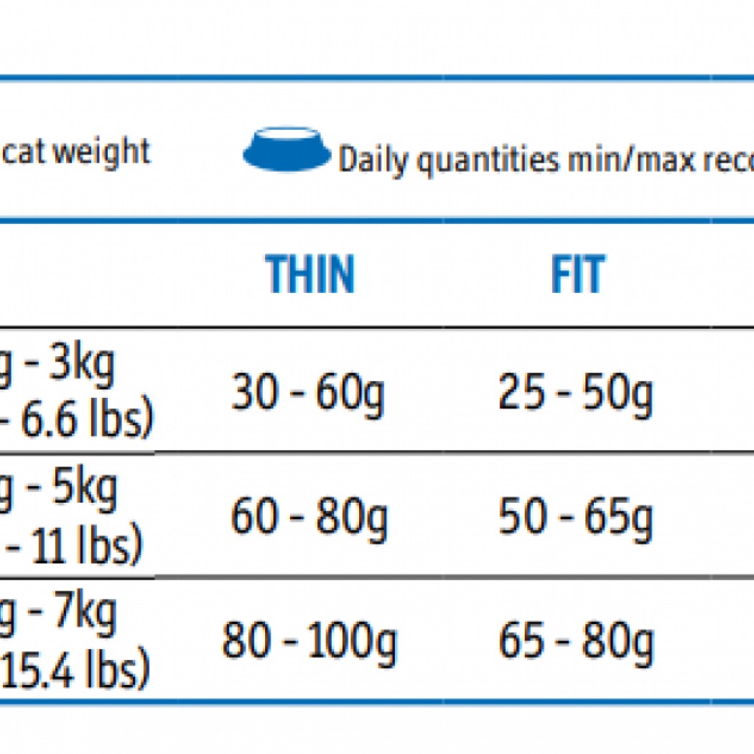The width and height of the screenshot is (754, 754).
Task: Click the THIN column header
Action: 310,274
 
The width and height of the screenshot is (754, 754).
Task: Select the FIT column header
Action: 577,274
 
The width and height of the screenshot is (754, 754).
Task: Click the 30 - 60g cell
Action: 308,394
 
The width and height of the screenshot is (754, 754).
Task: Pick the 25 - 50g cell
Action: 576,394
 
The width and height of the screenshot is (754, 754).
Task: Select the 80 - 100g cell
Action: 309,641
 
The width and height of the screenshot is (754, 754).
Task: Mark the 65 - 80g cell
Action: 576,641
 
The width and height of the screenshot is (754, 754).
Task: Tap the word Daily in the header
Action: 375,159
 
